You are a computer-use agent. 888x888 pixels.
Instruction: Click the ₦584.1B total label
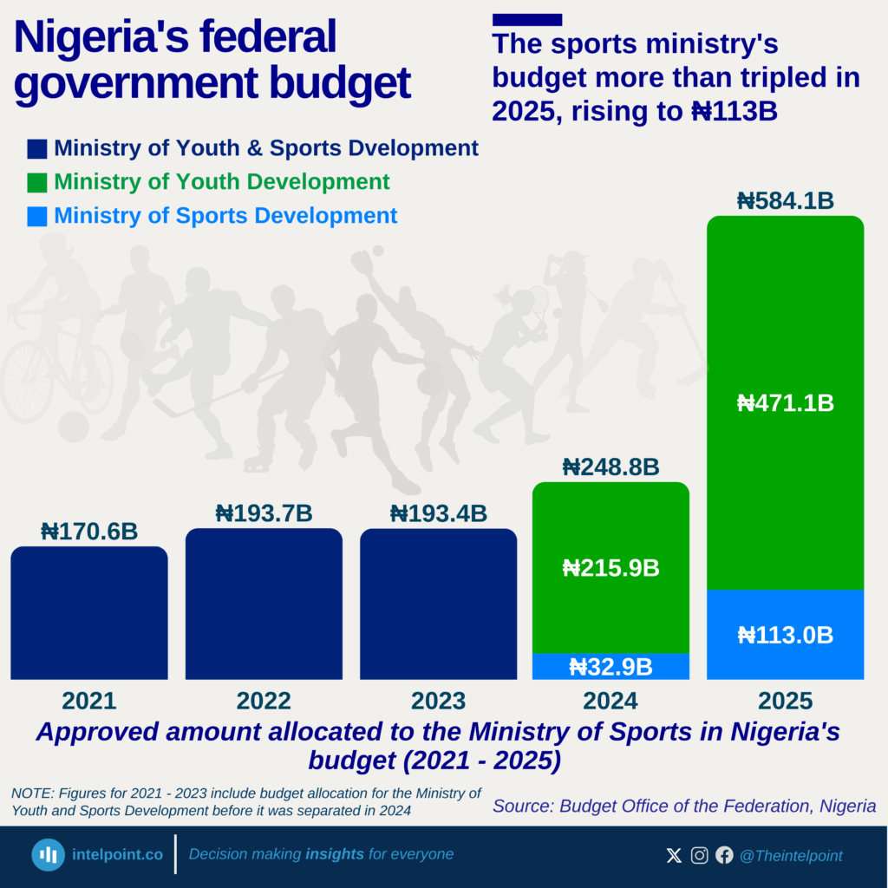click(x=785, y=201)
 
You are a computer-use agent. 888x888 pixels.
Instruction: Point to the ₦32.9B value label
click(x=610, y=666)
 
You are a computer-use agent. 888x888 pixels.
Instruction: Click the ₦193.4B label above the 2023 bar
click(x=438, y=513)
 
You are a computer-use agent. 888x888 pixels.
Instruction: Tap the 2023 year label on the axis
click(x=438, y=701)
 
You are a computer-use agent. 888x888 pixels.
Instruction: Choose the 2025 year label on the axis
click(x=785, y=701)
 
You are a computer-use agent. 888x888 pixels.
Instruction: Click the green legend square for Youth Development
click(x=37, y=183)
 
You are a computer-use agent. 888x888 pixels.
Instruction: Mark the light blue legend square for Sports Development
click(x=37, y=216)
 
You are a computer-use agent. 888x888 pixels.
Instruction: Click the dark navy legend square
click(x=37, y=148)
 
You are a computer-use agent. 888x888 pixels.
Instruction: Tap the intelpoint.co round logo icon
click(x=49, y=855)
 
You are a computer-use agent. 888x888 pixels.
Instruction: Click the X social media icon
click(x=674, y=856)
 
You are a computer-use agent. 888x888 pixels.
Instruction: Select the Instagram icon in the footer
click(x=699, y=856)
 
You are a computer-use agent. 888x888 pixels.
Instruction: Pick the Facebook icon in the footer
click(x=724, y=856)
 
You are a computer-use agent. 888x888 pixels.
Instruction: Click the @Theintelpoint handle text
click(x=790, y=856)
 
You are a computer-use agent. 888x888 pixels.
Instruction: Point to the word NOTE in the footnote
click(x=29, y=793)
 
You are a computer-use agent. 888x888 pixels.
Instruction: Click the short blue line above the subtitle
click(x=526, y=19)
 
